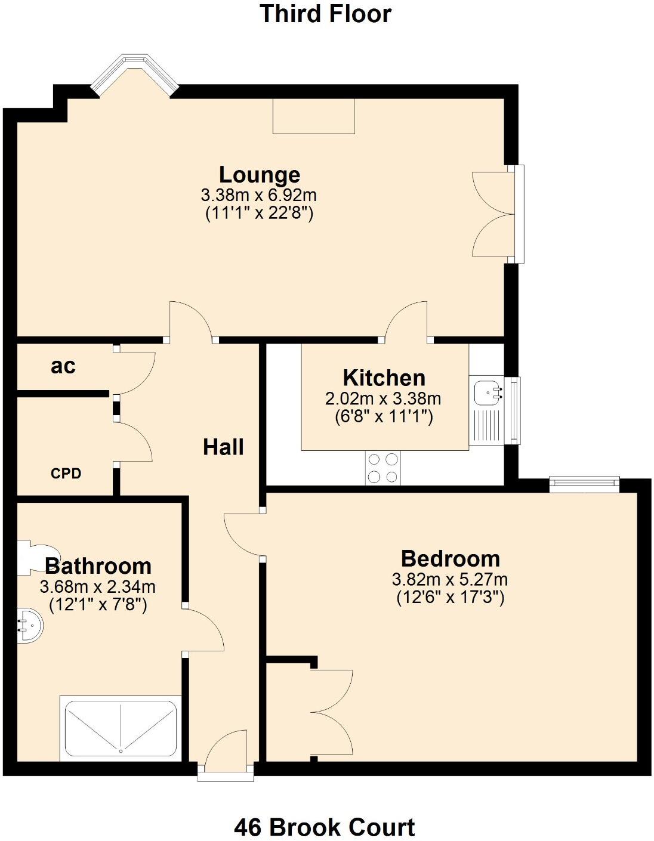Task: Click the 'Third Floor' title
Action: [x=325, y=14]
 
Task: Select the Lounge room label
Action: [x=260, y=175]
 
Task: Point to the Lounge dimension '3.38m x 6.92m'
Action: [x=259, y=195]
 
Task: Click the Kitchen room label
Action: [x=384, y=378]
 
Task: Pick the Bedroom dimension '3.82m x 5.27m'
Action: [x=450, y=579]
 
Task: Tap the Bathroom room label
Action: [x=98, y=565]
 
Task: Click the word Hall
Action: [x=223, y=447]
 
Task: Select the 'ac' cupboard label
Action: [x=63, y=366]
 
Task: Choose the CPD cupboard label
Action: [x=66, y=474]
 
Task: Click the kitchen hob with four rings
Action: [x=383, y=468]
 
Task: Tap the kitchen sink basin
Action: [x=488, y=393]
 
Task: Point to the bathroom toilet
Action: [x=37, y=557]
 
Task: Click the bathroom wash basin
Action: [x=29, y=625]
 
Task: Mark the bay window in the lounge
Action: [x=135, y=72]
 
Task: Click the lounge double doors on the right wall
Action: [x=494, y=214]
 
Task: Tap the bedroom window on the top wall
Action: [x=584, y=484]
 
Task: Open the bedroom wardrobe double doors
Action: [x=331, y=713]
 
